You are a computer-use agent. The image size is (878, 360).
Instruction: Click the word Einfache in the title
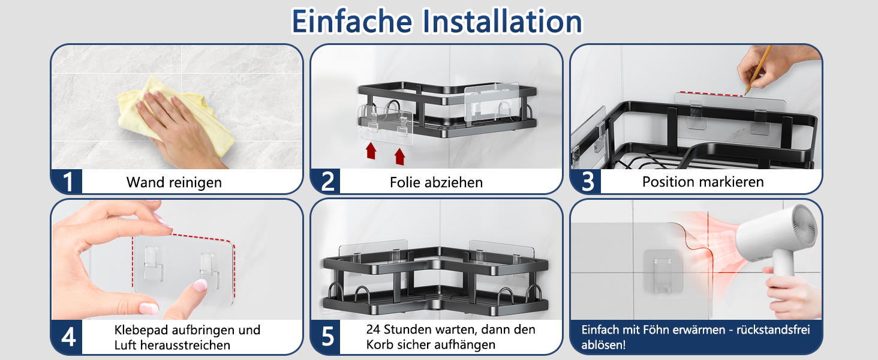tap(352, 21)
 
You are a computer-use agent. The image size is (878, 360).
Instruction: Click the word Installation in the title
tap(503, 21)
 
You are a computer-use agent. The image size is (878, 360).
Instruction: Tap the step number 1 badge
tap(67, 182)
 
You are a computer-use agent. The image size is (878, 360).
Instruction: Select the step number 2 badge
tap(327, 182)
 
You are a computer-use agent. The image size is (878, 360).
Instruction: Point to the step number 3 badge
tap(587, 182)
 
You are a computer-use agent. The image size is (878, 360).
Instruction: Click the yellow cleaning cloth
tap(173, 114)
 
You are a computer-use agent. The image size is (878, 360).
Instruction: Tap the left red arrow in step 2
tap(371, 151)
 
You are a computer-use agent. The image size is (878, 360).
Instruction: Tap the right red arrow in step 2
tap(400, 157)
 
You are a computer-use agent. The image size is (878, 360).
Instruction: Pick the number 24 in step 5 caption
tap(373, 329)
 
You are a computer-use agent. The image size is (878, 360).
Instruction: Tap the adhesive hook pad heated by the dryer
tap(663, 272)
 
